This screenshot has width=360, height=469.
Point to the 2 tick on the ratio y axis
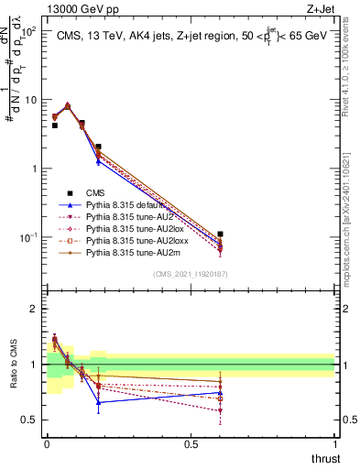tap(37, 309)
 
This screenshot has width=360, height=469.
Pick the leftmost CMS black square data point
tap(54, 125)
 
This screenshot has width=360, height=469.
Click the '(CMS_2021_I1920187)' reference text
tap(190, 274)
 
